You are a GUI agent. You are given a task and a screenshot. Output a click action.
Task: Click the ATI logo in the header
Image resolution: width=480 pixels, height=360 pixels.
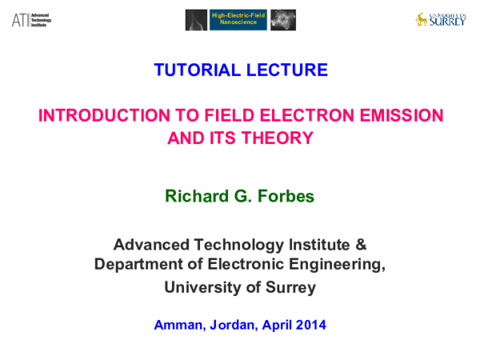[x=30, y=20]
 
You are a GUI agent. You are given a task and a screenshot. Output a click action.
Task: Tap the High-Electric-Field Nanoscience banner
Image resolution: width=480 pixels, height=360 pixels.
[x=238, y=20]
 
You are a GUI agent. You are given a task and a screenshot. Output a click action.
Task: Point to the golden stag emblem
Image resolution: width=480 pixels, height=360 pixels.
[x=422, y=19]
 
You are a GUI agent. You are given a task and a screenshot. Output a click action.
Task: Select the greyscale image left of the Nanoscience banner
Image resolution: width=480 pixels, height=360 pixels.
[x=196, y=20]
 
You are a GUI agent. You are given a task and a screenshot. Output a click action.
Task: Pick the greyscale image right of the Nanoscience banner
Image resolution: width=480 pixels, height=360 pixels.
[x=282, y=20]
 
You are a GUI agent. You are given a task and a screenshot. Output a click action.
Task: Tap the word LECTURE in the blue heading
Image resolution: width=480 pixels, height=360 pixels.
[x=287, y=70]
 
